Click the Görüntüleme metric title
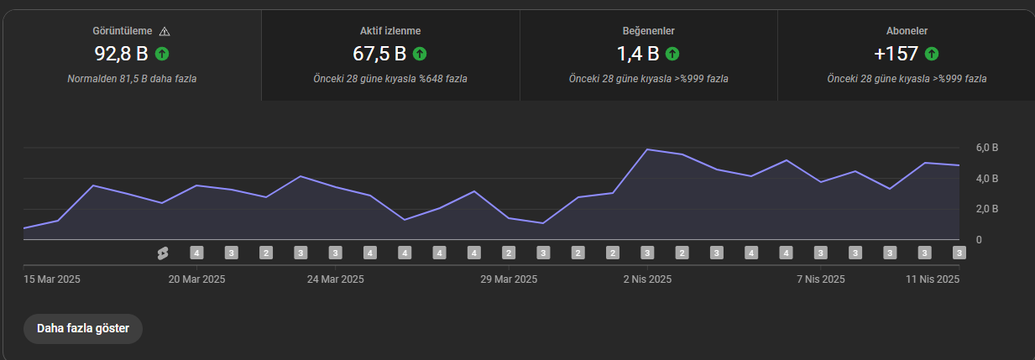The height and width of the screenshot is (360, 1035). (x=122, y=31)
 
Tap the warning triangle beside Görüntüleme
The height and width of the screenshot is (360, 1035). (x=165, y=31)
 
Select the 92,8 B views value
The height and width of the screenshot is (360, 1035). (x=121, y=54)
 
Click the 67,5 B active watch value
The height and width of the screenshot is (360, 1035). (x=379, y=54)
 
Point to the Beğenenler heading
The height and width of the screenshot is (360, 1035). (x=648, y=31)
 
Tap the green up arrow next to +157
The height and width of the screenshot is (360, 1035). (x=932, y=54)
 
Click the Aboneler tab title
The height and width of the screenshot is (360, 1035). (x=907, y=31)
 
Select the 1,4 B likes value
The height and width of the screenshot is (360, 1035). (x=638, y=54)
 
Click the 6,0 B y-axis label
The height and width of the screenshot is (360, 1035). (x=987, y=148)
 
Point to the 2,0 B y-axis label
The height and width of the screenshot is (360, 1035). (x=987, y=209)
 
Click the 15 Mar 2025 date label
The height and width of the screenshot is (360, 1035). (x=52, y=279)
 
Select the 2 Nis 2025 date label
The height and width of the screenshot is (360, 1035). (x=647, y=279)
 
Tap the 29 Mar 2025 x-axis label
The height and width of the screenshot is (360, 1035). (x=509, y=279)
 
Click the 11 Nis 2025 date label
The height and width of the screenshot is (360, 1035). (x=933, y=279)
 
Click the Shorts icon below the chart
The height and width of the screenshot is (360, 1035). (x=163, y=253)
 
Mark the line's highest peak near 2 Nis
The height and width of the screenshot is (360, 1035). (x=647, y=149)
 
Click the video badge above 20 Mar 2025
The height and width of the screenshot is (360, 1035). (x=196, y=253)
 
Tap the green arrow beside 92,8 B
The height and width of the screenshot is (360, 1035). (x=162, y=54)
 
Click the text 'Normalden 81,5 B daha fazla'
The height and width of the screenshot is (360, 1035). (x=132, y=79)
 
